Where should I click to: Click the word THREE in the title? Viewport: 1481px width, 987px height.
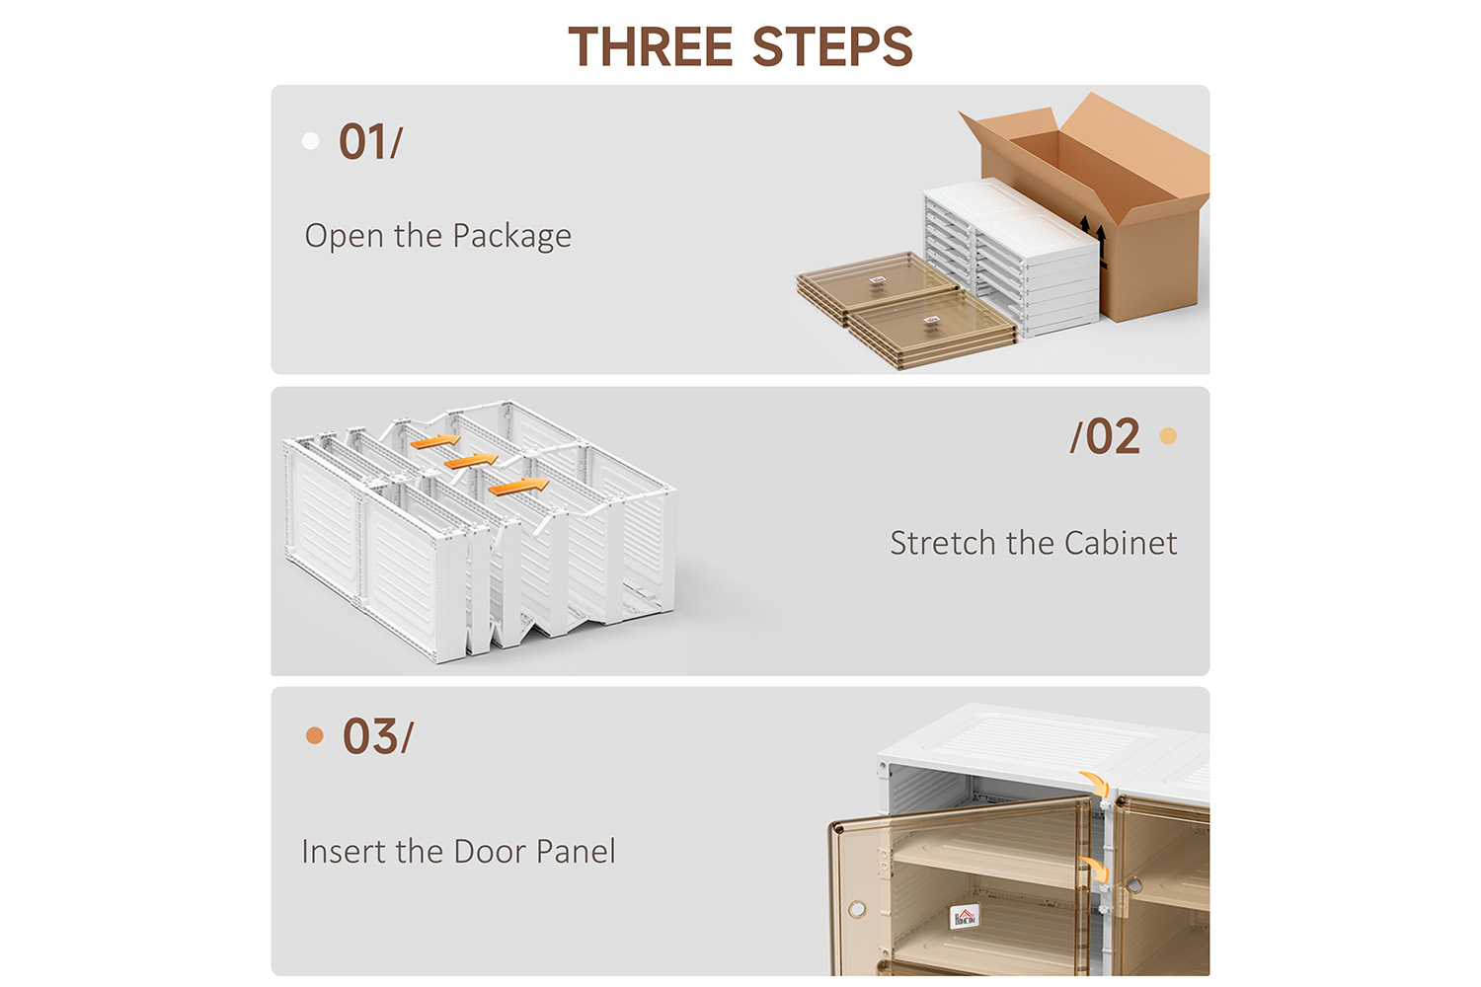(x=651, y=46)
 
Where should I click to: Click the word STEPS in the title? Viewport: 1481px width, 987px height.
(x=832, y=46)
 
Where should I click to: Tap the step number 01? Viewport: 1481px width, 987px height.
(x=362, y=141)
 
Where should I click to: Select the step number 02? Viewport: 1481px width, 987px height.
(x=1114, y=437)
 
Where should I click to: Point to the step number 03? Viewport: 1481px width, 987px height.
(x=369, y=735)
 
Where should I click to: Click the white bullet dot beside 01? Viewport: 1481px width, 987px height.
(x=311, y=141)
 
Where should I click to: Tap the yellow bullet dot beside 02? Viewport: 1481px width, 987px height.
(x=1168, y=436)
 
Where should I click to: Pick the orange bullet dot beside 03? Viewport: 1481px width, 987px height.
(x=315, y=735)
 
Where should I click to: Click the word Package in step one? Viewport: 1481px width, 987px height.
(x=511, y=237)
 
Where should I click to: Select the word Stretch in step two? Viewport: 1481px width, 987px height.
(x=944, y=544)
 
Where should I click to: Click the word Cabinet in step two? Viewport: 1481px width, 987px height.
(x=1121, y=544)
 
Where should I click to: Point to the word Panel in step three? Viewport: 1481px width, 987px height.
(x=576, y=852)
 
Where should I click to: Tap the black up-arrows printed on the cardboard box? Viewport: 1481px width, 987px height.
(x=1094, y=238)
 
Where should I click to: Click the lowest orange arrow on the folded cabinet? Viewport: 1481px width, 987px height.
(x=518, y=488)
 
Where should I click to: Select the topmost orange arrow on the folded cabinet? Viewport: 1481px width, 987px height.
(x=435, y=441)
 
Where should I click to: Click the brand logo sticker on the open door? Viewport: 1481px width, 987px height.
(x=964, y=917)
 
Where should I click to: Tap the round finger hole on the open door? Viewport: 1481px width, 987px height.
(x=857, y=910)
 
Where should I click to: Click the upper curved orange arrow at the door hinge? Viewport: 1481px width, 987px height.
(x=1095, y=784)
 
